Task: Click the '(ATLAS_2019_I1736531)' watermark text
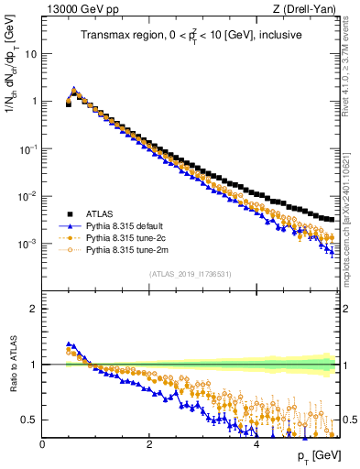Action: pos(189,273)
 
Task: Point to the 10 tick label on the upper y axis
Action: pos(30,53)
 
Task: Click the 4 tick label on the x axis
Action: pos(256,444)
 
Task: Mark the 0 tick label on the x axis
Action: pos(42,444)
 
